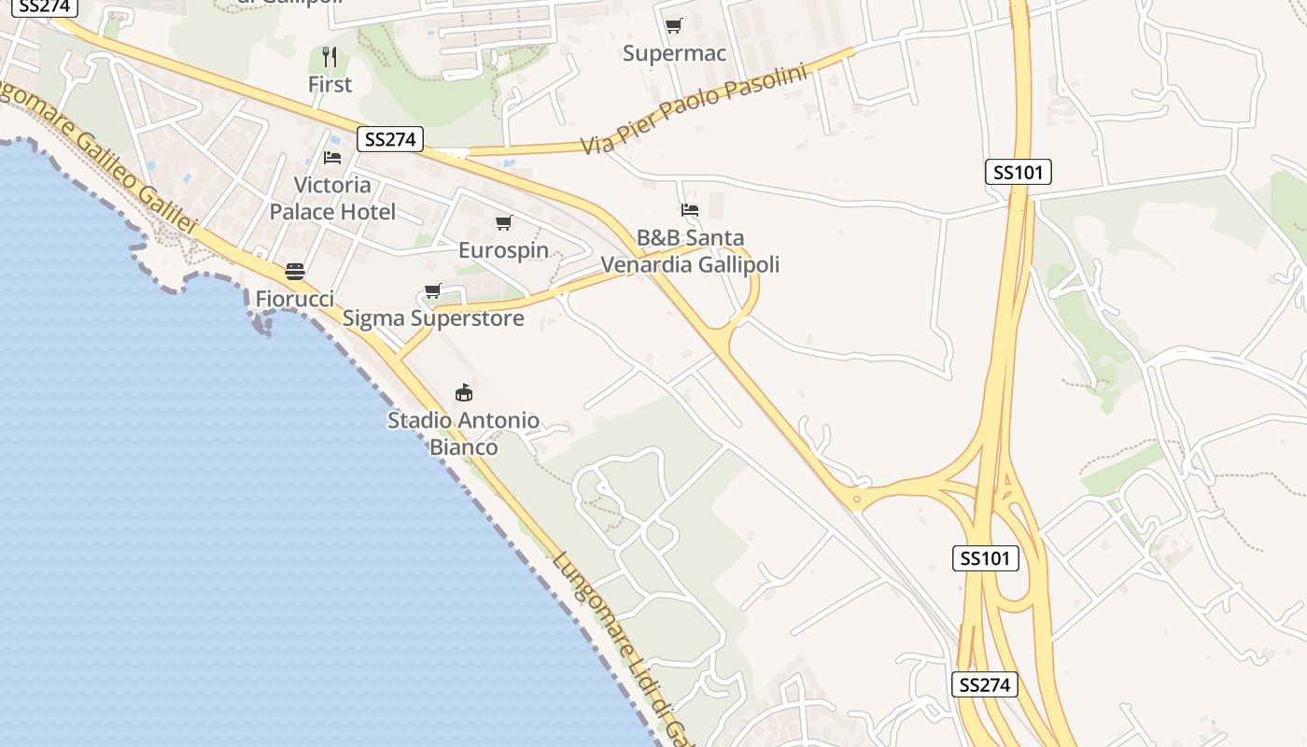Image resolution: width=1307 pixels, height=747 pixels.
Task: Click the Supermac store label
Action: (x=674, y=53)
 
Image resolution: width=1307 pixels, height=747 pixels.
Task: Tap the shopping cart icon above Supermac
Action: (x=673, y=25)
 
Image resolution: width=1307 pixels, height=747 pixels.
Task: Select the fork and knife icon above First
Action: (x=330, y=56)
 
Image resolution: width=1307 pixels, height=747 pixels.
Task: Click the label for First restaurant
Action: (x=330, y=84)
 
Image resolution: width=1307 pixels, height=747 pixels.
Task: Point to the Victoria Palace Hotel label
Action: (x=332, y=198)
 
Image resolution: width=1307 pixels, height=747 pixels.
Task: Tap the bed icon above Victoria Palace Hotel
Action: (x=332, y=157)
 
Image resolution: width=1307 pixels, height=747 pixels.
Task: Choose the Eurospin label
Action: (x=503, y=250)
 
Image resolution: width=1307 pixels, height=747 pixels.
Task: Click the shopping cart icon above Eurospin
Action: (x=504, y=222)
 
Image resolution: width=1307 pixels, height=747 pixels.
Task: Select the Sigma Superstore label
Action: (x=433, y=318)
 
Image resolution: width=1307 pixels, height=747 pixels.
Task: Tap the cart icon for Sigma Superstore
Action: (x=432, y=291)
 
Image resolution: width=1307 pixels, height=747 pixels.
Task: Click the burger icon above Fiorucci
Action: (x=295, y=272)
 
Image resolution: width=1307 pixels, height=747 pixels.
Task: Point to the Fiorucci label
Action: (x=295, y=299)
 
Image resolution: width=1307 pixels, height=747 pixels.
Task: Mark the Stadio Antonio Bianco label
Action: (x=463, y=433)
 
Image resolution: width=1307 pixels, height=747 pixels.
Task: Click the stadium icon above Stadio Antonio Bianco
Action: (x=463, y=392)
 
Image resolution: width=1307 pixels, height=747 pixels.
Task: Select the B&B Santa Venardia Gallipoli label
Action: (x=690, y=251)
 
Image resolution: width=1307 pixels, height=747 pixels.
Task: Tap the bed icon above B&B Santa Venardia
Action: (x=690, y=210)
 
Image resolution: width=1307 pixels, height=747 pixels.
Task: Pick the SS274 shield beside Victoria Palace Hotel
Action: (x=390, y=140)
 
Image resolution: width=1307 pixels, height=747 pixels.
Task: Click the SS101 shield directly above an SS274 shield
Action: (x=986, y=558)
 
